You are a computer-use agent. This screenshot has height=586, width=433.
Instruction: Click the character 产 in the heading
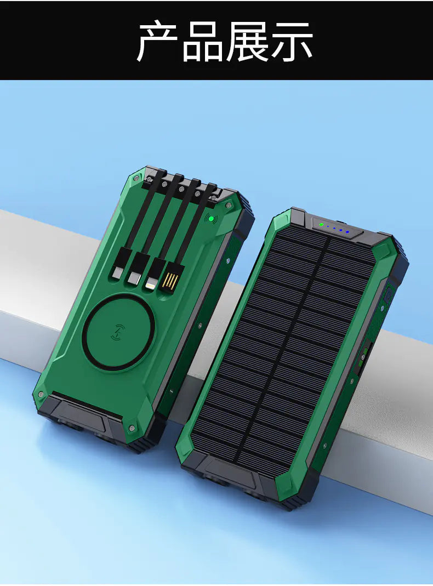click(x=158, y=41)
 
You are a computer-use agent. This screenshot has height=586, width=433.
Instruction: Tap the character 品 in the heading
click(x=203, y=41)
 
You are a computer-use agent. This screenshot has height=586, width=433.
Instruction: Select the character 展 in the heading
click(x=247, y=41)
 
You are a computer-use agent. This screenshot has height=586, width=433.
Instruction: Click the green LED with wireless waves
click(x=209, y=219)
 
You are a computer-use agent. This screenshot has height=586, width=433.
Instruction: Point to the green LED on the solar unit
click(x=322, y=224)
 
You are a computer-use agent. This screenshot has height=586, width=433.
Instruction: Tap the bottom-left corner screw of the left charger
click(x=40, y=394)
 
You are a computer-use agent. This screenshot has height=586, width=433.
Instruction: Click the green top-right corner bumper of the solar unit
click(x=385, y=250)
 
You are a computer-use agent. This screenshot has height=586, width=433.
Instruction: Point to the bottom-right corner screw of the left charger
click(x=132, y=427)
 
